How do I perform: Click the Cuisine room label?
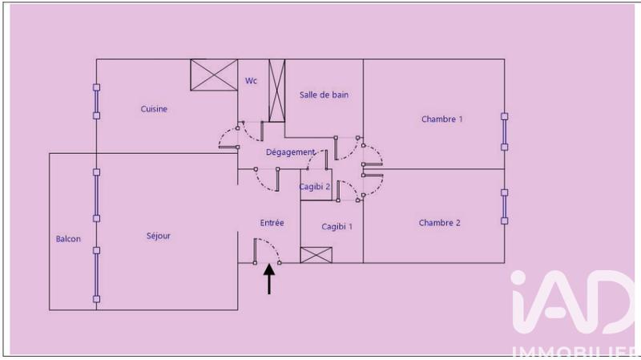154,109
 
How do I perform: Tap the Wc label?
252,80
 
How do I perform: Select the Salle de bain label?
325,95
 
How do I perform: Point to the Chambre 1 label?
442,119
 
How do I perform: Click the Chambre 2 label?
439,223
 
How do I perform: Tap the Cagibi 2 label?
315,187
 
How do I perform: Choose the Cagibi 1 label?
337,227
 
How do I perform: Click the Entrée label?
272,223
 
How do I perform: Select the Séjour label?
159,236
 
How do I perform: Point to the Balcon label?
68,239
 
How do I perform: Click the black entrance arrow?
269,280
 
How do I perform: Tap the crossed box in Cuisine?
214,75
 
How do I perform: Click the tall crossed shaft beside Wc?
277,90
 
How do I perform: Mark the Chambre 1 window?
505,131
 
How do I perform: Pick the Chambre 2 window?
505,206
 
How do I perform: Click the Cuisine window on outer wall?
96,101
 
